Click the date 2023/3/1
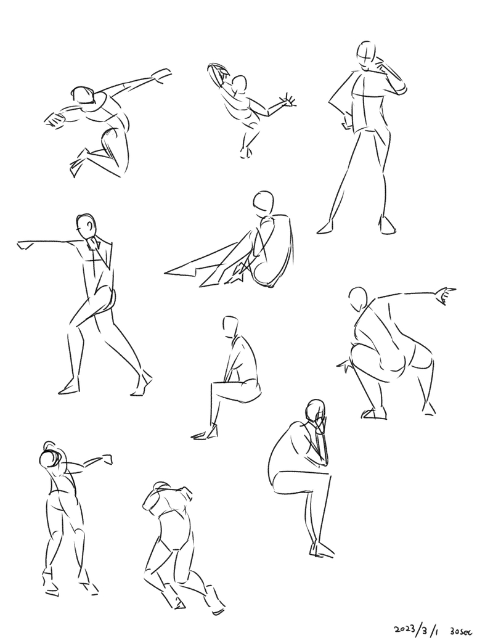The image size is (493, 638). pos(416,629)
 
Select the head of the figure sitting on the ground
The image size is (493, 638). pos(263,202)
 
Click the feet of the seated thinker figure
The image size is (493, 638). pos(322,550)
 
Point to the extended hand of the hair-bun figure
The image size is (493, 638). pos(107,459)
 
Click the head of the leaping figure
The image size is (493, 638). pos(83,96)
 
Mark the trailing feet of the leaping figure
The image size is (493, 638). pos(79,162)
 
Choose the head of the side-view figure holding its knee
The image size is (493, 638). pos(230,325)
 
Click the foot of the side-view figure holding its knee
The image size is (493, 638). pos(205,434)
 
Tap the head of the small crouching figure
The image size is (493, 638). pos(238,85)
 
